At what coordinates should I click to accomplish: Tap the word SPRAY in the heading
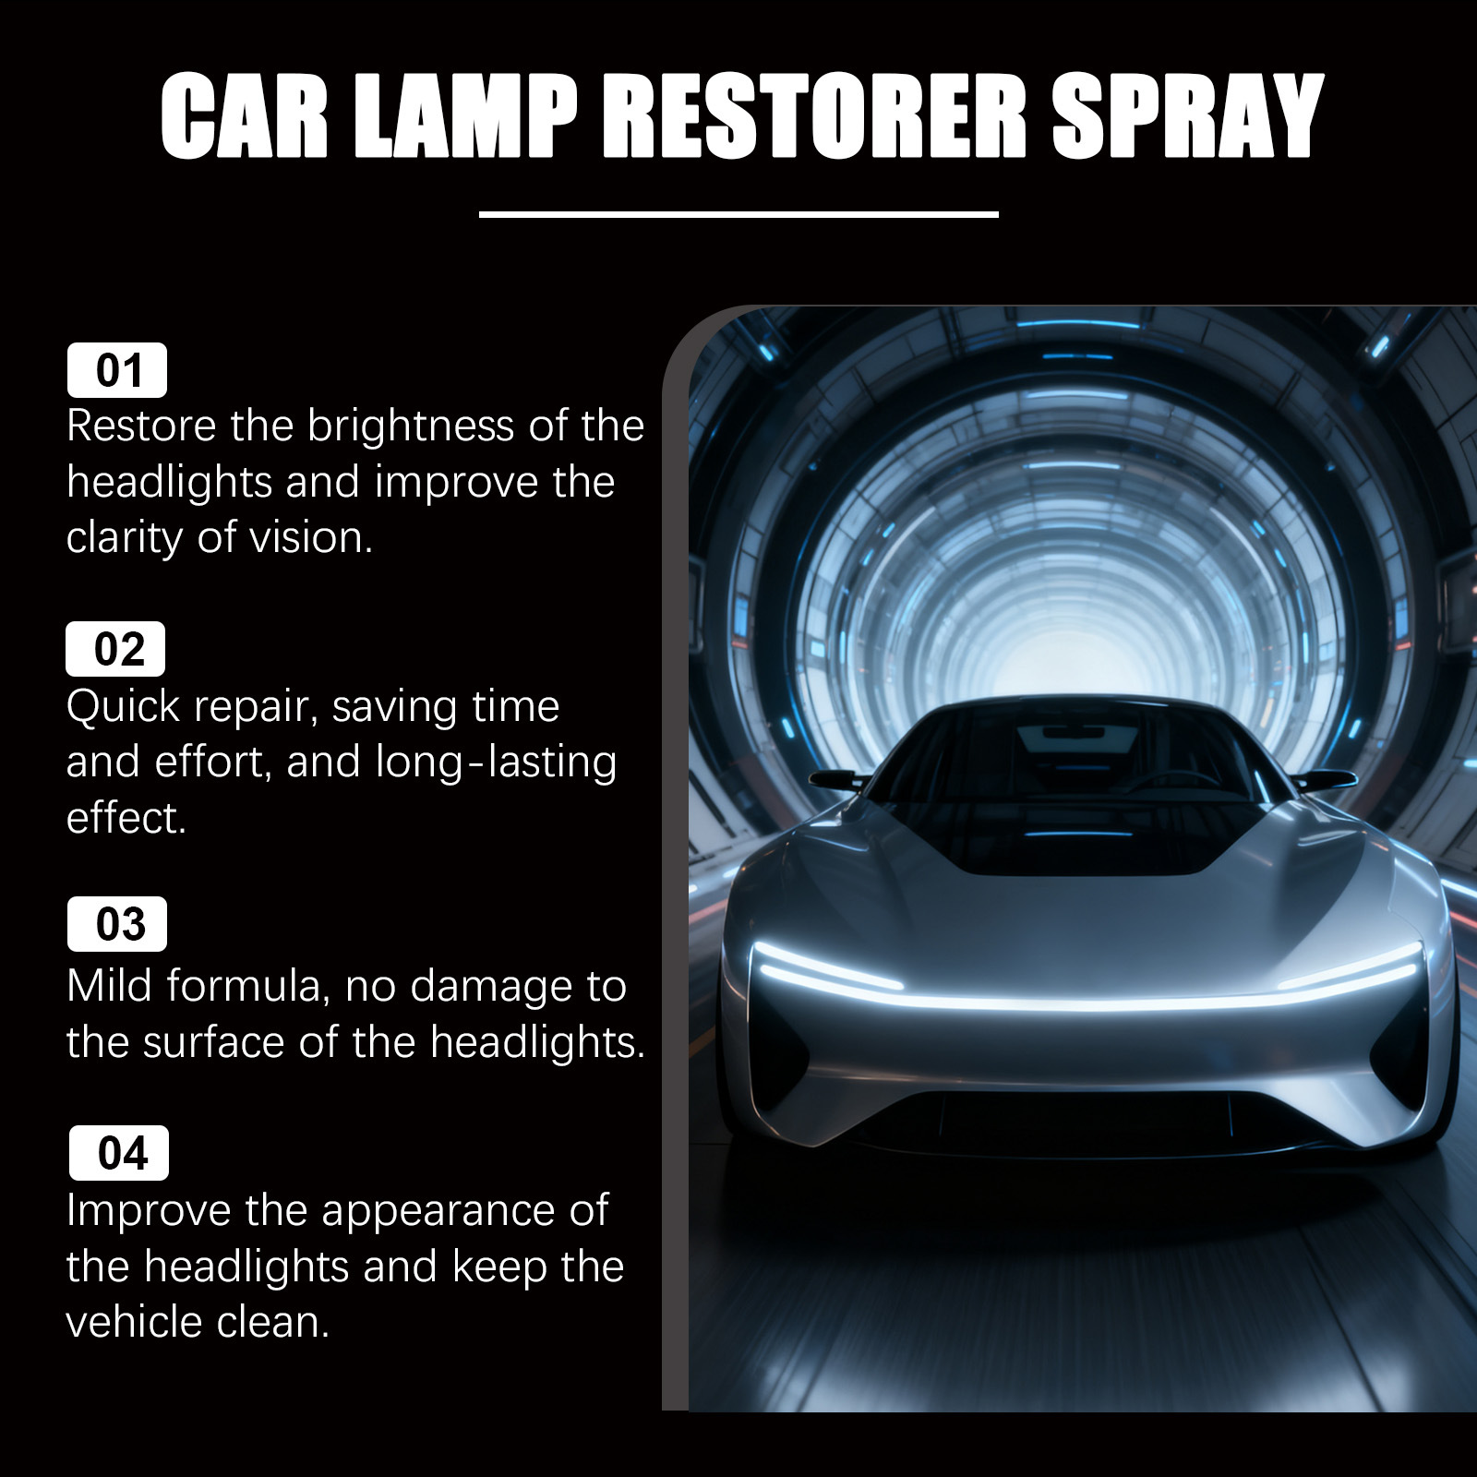coord(1189,116)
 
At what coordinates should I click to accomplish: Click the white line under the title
coord(738,214)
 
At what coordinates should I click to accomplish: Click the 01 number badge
coord(117,370)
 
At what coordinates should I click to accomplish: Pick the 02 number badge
coord(115,649)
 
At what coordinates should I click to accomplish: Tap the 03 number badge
coord(117,924)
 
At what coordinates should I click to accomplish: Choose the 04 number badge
coord(119,1153)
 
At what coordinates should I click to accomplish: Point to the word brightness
coord(411,427)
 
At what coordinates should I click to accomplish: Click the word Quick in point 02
coord(124,708)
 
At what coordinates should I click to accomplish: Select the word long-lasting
coord(497,762)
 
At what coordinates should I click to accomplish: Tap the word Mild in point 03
coord(107,985)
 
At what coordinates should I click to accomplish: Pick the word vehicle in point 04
coord(135,1322)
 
